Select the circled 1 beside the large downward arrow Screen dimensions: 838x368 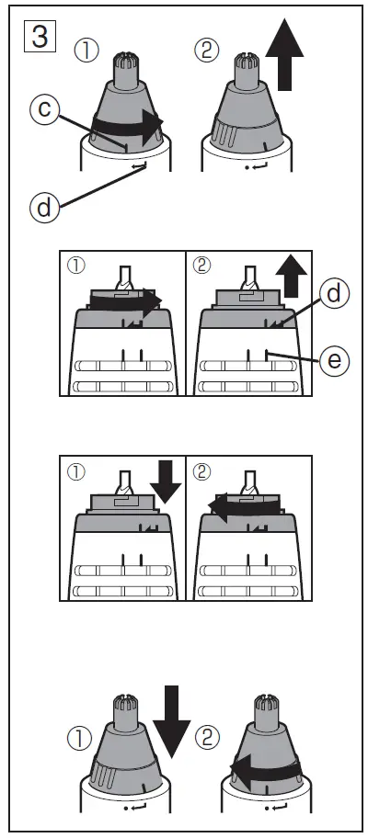tap(82, 737)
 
